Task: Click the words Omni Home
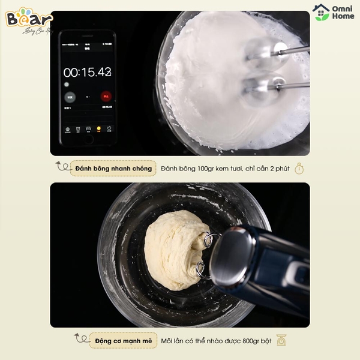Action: click(341, 13)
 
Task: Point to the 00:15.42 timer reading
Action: click(88, 72)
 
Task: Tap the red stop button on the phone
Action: click(106, 96)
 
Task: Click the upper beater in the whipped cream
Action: click(260, 47)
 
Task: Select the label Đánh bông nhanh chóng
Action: click(113, 169)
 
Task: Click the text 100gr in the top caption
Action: click(201, 169)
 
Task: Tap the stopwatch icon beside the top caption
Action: click(299, 169)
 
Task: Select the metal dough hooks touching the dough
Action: click(204, 255)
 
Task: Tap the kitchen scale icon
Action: click(281, 340)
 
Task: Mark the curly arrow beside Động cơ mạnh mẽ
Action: click(80, 339)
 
